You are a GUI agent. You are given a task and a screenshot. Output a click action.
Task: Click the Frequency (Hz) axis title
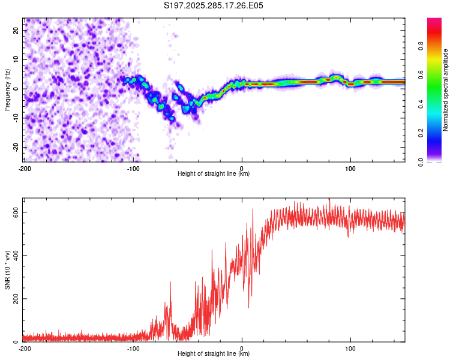coord(7,89)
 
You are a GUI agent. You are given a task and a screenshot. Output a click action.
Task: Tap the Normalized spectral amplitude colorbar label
coord(446,91)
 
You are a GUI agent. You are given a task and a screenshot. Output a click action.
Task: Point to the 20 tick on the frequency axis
coord(17,30)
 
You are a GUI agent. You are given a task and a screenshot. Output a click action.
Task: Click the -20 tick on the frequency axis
coord(16,147)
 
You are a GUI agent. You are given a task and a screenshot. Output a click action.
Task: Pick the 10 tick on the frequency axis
coord(17,59)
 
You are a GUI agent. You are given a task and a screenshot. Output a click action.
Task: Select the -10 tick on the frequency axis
coord(16,118)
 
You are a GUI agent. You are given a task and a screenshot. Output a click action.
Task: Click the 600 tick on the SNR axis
coord(16,212)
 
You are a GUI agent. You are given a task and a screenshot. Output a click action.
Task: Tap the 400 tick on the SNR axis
coord(16,256)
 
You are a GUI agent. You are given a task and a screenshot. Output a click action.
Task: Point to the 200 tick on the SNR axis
coord(16,299)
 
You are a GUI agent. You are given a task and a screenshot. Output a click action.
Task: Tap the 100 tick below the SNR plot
coord(350,348)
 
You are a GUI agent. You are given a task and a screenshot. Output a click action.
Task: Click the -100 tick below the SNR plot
coord(133,348)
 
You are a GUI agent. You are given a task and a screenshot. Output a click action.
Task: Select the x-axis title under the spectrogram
coord(214,174)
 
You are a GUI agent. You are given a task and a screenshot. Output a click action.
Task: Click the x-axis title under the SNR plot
coord(214,354)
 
